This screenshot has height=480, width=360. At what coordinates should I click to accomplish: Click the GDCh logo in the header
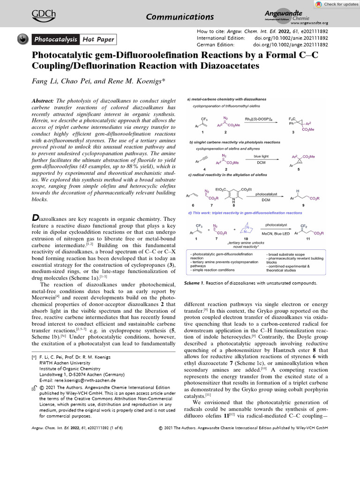42,15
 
